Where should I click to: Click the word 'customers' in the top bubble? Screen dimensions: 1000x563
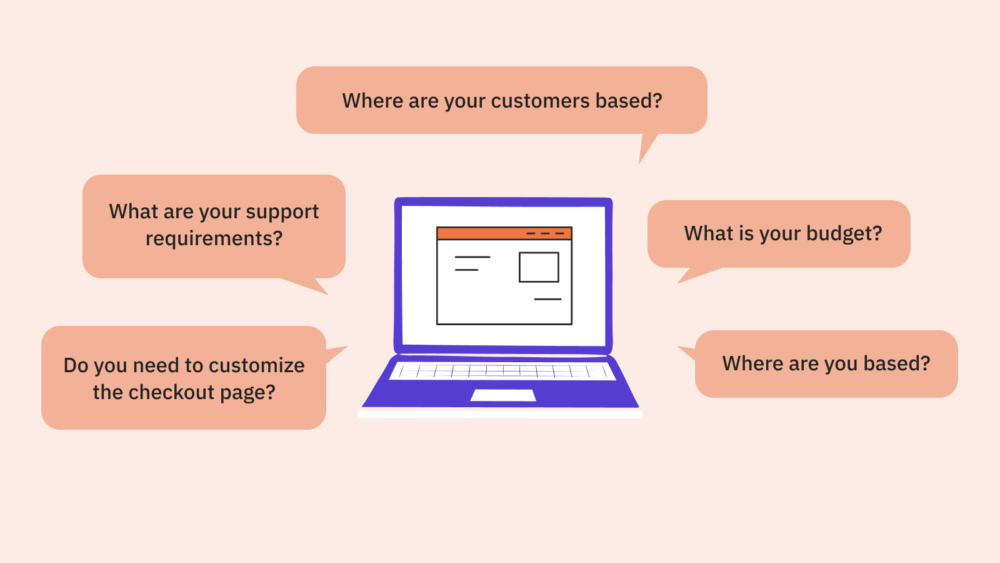pos(540,101)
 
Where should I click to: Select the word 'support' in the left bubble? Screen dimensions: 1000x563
pos(282,213)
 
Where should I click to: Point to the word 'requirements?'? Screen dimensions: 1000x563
pos(214,238)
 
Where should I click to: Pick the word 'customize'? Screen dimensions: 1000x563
pos(257,365)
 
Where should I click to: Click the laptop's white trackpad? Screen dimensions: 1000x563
pos(503,395)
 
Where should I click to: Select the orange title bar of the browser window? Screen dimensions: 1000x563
pos(504,233)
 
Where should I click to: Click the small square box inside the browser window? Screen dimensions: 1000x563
pos(539,267)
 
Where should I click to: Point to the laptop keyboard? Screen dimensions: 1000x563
pos(502,372)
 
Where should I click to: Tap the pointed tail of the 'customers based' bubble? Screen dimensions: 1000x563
pos(640,163)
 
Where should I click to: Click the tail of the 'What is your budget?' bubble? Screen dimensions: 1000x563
pos(678,282)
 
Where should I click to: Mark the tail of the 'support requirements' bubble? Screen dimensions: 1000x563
pos(327,293)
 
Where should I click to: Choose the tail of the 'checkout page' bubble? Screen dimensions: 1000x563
pos(346,347)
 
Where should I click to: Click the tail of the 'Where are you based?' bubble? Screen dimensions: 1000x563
pos(679,347)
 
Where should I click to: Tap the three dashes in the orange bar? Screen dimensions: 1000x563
pos(545,233)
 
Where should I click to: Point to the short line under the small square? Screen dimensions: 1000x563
pos(547,299)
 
